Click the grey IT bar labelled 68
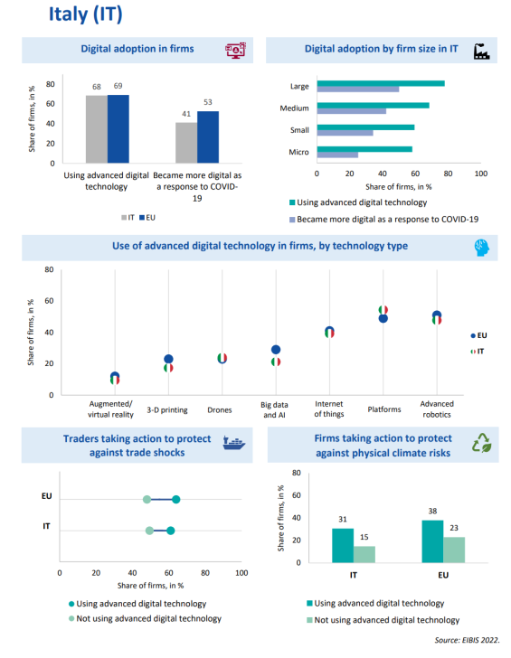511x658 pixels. click(97, 129)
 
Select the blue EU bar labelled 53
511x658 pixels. click(208, 136)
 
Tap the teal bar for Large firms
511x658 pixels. click(381, 83)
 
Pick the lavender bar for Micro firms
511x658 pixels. click(337, 155)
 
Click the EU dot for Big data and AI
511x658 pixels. click(276, 350)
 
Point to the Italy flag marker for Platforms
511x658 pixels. click(383, 310)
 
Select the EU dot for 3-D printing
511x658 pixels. click(168, 359)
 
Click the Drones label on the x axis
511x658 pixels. click(220, 410)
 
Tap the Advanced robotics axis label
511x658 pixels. click(437, 409)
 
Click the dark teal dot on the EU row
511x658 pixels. click(176, 499)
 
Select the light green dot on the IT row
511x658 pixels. click(149, 531)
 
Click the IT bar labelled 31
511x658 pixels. click(343, 545)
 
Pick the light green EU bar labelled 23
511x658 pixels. click(454, 550)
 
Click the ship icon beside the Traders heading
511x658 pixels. click(233, 443)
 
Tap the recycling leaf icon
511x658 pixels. click(482, 443)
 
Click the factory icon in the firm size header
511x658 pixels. click(482, 52)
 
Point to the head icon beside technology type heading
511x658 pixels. click(482, 248)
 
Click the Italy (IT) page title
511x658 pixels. click(86, 14)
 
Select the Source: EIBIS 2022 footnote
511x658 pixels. click(467, 640)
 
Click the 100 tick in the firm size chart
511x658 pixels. click(481, 174)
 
